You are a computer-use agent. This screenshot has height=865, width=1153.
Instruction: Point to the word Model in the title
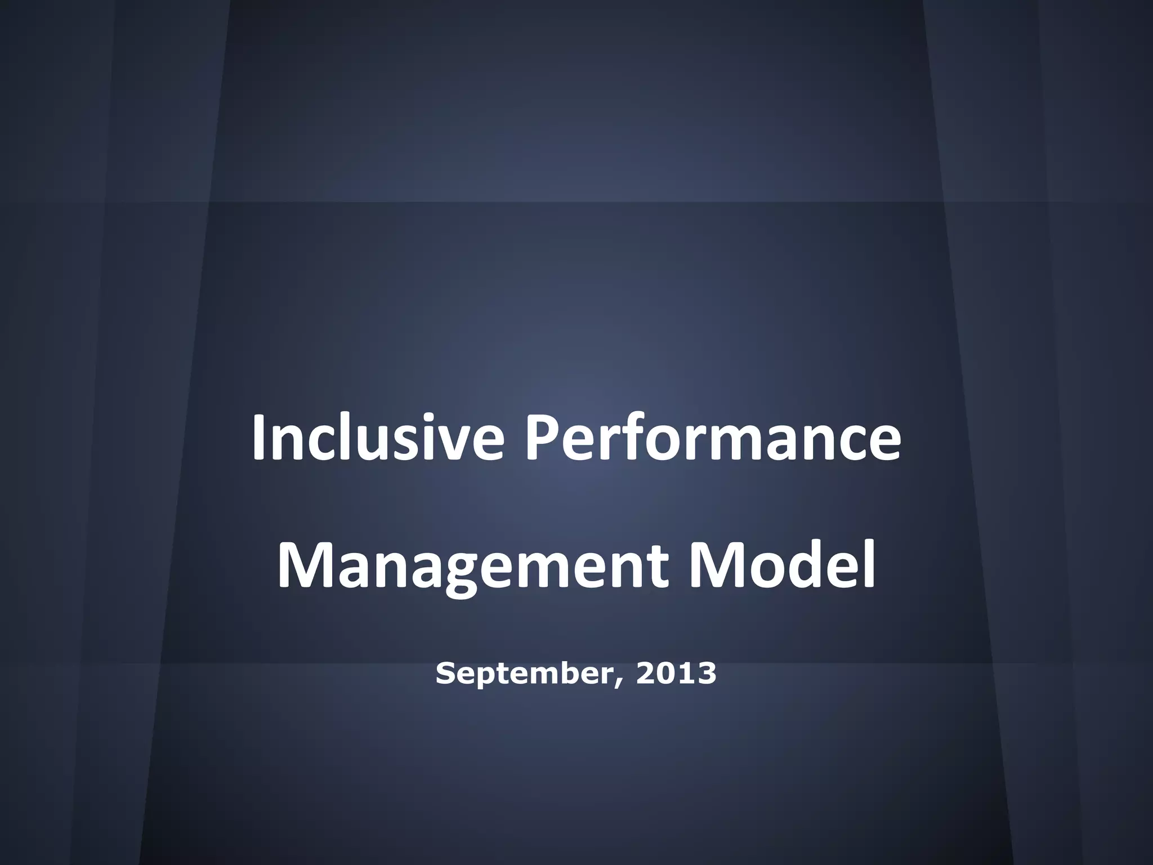[782, 565]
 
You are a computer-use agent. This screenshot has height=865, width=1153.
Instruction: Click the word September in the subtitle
[522, 674]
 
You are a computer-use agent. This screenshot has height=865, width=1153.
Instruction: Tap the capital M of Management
[305, 565]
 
